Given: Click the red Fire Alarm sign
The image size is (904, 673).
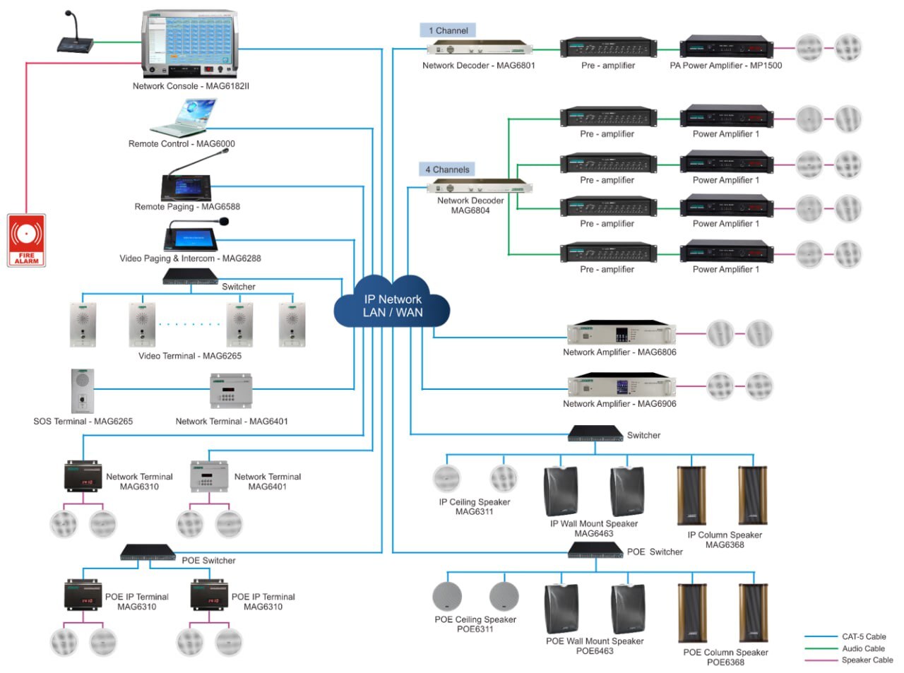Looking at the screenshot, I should click(x=26, y=240).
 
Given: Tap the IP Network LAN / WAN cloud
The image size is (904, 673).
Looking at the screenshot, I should click(x=392, y=306).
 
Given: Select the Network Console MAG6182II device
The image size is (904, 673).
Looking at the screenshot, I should click(x=189, y=44).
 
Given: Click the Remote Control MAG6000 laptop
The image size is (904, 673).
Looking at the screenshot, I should click(x=184, y=118).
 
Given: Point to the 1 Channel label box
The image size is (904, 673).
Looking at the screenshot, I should click(x=448, y=30).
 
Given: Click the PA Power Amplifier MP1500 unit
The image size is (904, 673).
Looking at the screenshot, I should click(x=726, y=48).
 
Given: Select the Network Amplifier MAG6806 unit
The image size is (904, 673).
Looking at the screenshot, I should click(x=621, y=334).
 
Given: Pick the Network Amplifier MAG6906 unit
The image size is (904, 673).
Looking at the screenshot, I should click(x=621, y=386).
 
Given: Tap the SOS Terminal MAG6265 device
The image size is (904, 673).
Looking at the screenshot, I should click(x=83, y=391).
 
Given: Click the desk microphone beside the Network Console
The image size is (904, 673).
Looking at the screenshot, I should click(x=74, y=35).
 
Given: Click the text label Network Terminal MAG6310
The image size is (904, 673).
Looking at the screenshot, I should click(x=139, y=482).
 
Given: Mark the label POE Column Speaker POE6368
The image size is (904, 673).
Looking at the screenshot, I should click(x=725, y=657).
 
